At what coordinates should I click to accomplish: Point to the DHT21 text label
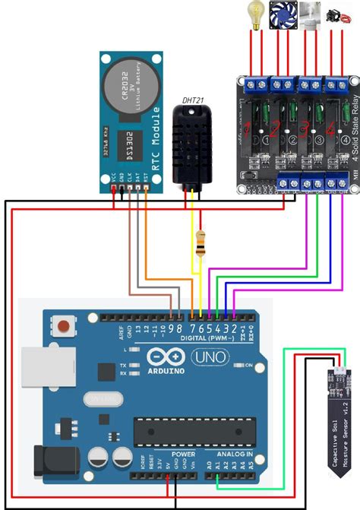coord(193,100)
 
